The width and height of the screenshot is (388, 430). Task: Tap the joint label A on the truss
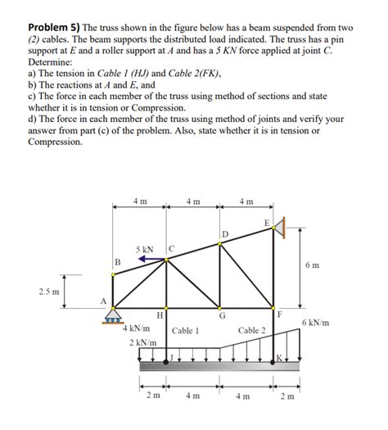[x=102, y=301]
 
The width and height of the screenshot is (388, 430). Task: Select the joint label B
[x=117, y=262]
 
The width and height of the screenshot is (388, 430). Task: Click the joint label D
[x=226, y=235]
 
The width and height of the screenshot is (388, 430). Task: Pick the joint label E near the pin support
[x=266, y=222]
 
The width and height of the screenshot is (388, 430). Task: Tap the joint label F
[x=280, y=315]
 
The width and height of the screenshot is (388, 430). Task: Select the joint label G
[x=222, y=315]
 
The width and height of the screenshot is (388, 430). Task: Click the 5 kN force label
[x=145, y=248]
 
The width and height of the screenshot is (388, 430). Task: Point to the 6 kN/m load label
[x=316, y=323]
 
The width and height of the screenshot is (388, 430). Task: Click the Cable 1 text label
[x=186, y=331]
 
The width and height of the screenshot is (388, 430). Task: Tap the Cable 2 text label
[x=251, y=330]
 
